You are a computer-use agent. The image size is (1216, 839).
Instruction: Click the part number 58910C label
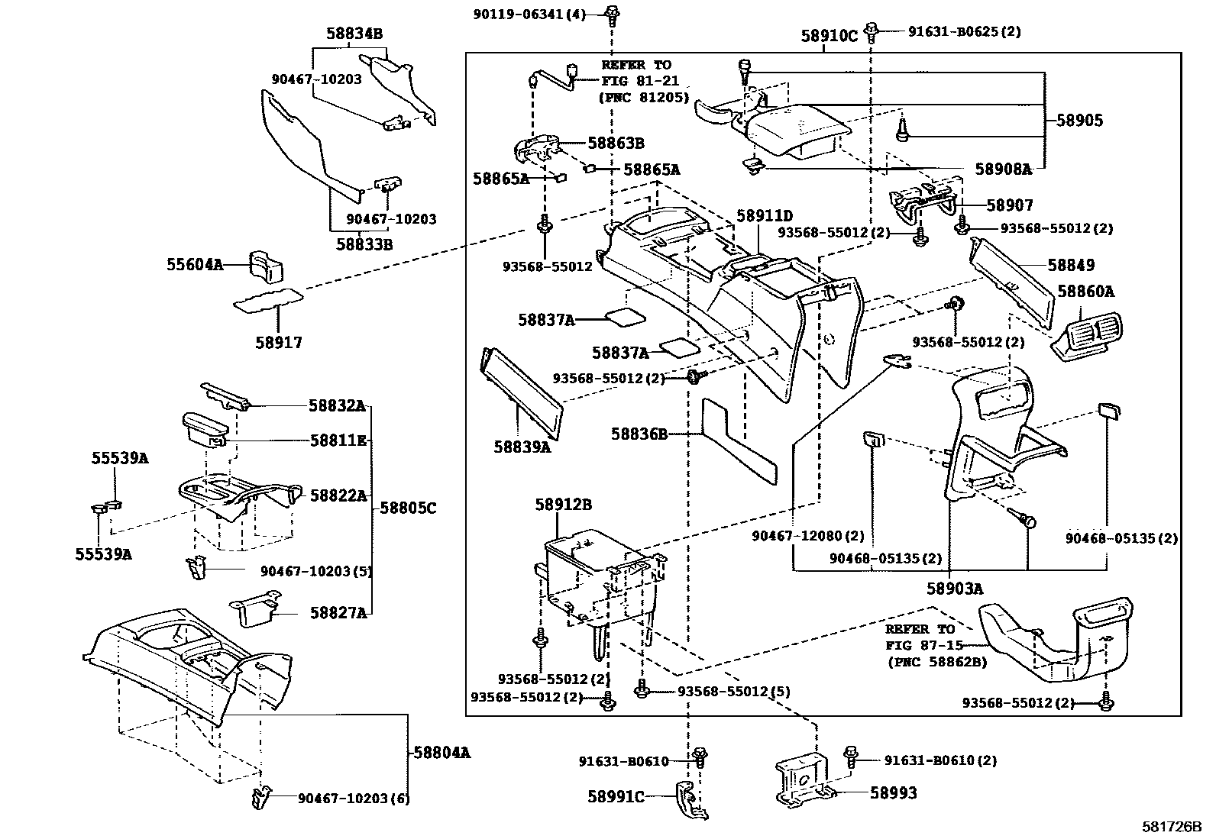829,36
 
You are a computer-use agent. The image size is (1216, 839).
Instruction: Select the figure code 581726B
1172,827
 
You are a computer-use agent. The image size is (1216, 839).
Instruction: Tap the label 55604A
195,265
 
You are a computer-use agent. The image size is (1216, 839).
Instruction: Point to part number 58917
279,343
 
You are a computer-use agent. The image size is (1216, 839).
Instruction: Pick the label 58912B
563,505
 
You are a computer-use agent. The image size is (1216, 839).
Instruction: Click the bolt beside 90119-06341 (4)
611,13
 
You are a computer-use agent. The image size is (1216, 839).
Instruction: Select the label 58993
893,793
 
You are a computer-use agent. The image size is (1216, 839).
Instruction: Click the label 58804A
441,752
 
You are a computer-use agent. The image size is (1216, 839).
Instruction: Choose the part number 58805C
408,508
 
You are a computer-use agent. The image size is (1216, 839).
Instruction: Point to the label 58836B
639,434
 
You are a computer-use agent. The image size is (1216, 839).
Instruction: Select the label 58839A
522,447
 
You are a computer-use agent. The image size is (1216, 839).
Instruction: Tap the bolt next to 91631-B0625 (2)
872,31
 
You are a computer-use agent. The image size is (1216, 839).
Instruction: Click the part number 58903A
955,589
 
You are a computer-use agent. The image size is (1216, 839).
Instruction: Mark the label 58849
1071,265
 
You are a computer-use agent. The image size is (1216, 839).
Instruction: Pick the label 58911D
765,216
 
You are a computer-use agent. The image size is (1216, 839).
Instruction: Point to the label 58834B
354,34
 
